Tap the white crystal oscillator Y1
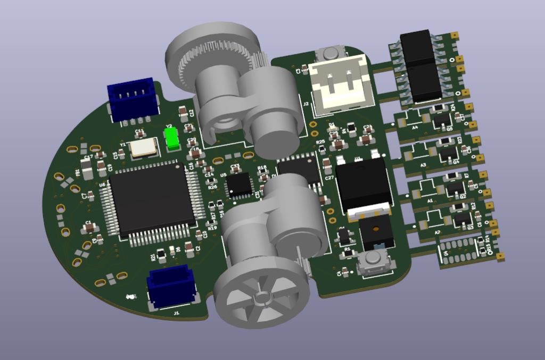(x=144, y=147)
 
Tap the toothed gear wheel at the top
(x=213, y=53)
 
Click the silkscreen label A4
(x=415, y=128)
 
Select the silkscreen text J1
(x=176, y=314)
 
